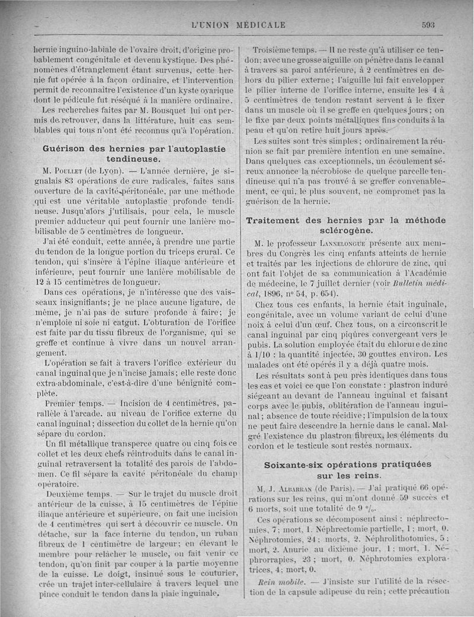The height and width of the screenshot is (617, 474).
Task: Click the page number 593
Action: [428, 25]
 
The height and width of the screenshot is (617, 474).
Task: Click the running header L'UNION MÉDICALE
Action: [239, 25]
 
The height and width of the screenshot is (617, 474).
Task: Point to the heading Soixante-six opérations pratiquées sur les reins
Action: [347, 470]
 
